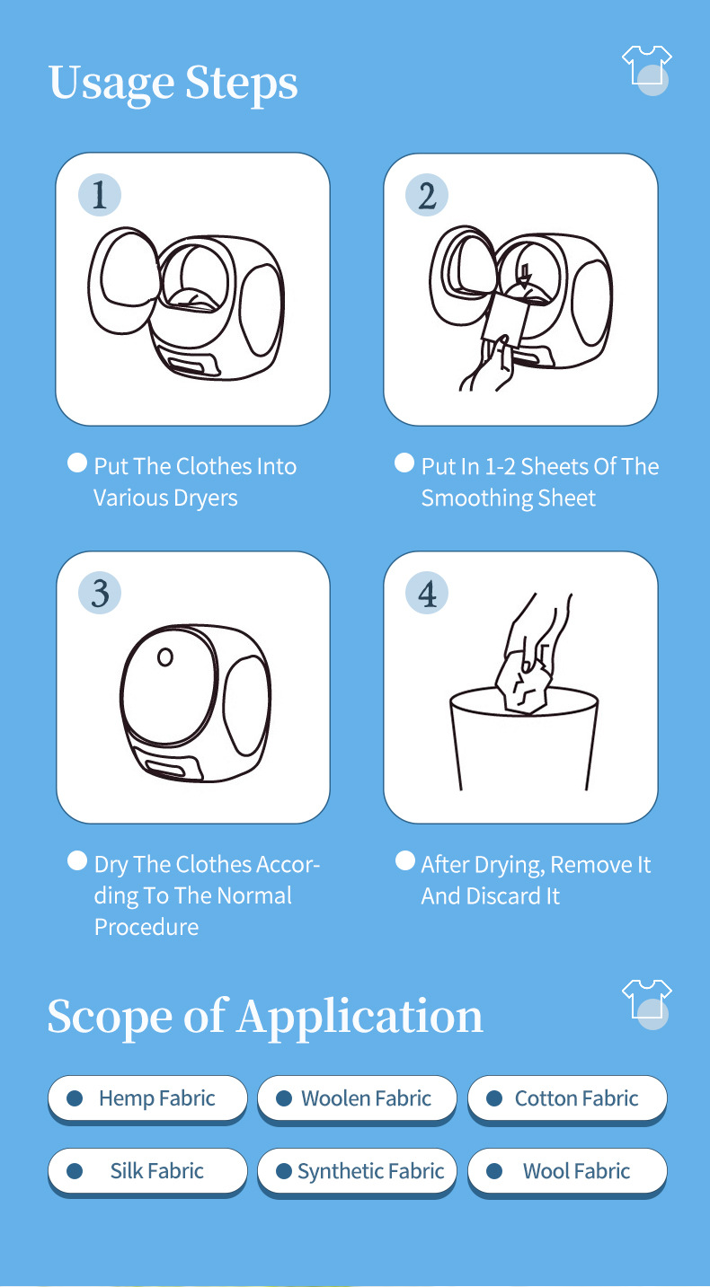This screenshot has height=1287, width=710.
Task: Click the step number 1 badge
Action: coord(100,195)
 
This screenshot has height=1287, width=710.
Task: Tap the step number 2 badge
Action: coord(427,195)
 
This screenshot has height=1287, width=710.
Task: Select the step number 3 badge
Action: coord(100,593)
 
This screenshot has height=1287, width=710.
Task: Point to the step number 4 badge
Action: coord(427,593)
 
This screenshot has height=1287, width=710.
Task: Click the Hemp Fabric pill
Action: coord(147,1099)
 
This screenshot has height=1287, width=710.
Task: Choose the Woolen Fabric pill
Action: coord(357,1099)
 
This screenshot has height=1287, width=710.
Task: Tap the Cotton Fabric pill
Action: coord(567,1099)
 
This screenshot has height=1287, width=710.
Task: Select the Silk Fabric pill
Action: coord(147,1171)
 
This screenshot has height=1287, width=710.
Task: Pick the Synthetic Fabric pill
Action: coord(357,1171)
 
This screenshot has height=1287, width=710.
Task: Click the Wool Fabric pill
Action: coord(567,1171)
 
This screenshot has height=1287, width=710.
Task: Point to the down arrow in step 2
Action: coord(524,275)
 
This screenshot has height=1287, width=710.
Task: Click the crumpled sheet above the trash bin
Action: coord(524,684)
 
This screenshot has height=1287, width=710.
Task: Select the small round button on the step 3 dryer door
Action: coord(165,657)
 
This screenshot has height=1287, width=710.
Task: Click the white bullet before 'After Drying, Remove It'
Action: coord(405,860)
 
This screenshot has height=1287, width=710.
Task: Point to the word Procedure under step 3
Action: coord(146,928)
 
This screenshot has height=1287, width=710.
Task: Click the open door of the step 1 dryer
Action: coord(124,281)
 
